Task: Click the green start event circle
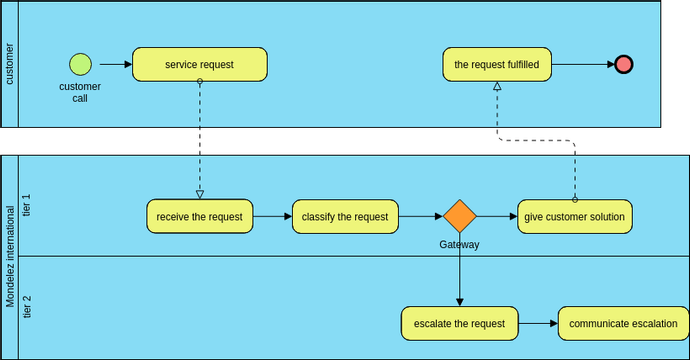[80, 65]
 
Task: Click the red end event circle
[624, 65]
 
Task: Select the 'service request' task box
[200, 65]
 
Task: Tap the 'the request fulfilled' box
[497, 65]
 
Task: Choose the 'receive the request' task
[200, 216]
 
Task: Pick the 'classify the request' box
[345, 216]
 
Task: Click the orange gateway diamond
[460, 216]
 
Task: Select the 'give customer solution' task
[575, 216]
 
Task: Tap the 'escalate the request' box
[460, 323]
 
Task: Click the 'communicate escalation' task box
[617, 323]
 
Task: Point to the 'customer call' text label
[80, 92]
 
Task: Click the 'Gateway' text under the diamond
[460, 244]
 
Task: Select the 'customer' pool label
[10, 64]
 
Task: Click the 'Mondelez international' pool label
[10, 257]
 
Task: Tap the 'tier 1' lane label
[28, 205]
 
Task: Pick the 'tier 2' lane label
[28, 307]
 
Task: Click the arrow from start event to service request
[112, 65]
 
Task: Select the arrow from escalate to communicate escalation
[538, 323]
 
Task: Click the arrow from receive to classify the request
[273, 216]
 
